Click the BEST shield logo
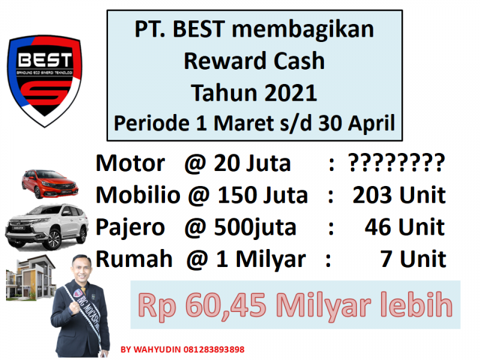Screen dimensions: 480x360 click(44, 81)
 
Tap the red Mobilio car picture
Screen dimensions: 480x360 click(50, 184)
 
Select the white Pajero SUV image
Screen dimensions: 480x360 click(47, 227)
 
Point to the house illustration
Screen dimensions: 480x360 click(31, 278)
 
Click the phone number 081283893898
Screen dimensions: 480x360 click(214, 349)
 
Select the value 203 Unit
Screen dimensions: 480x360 click(399, 195)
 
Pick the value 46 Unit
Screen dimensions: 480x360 click(404, 227)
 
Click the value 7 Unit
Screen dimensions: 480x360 click(413, 259)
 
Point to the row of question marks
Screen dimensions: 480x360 click(397, 162)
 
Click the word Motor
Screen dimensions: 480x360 click(130, 163)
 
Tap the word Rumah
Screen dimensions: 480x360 click(134, 259)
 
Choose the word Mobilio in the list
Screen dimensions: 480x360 click(138, 195)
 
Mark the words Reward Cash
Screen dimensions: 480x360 click(254, 61)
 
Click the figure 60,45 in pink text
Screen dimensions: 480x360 click(226, 305)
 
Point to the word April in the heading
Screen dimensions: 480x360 click(371, 124)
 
